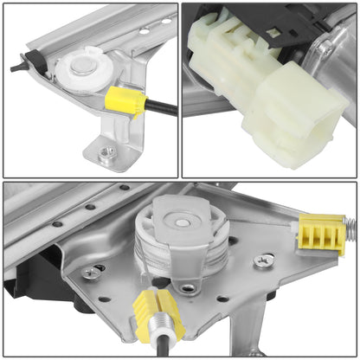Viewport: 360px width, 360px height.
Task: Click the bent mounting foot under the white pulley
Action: [112, 143]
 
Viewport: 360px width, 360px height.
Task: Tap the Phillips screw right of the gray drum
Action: [264, 259]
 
